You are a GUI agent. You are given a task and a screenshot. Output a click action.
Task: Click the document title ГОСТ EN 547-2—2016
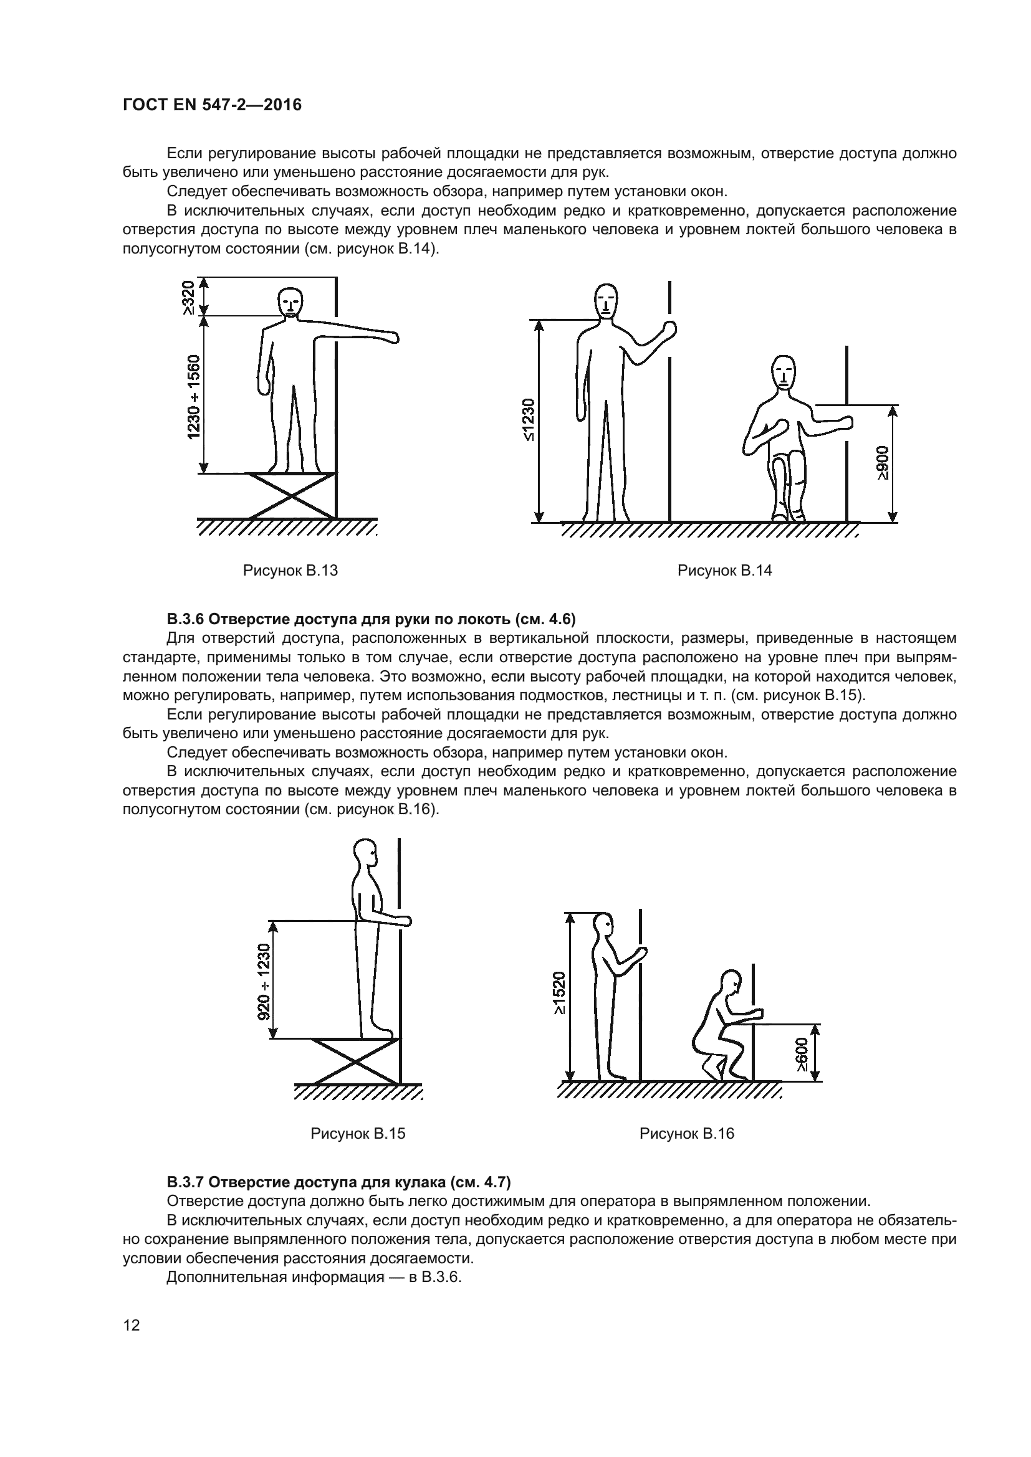(x=212, y=105)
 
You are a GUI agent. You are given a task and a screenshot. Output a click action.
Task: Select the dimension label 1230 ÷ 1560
(x=193, y=397)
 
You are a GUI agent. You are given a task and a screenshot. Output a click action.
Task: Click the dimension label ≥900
(x=883, y=463)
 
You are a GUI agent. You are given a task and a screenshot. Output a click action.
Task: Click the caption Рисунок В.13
(x=290, y=571)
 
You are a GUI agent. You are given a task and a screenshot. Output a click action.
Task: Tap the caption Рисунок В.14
(x=724, y=571)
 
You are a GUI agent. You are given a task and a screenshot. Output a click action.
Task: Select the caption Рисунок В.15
(x=357, y=1133)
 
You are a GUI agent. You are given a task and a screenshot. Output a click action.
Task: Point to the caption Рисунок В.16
(x=686, y=1133)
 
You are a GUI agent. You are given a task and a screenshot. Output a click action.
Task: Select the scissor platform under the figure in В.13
(x=292, y=496)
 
